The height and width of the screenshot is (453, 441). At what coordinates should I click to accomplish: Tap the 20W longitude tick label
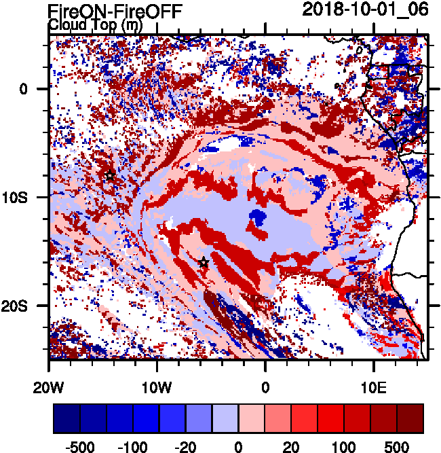tap(50, 386)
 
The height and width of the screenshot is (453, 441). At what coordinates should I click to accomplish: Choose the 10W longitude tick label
tap(157, 386)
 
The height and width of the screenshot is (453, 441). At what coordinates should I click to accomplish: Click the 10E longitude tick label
tap(374, 386)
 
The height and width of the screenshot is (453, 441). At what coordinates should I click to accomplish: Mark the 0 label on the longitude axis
tap(266, 386)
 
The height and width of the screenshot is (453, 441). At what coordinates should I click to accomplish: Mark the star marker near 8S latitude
tap(110, 176)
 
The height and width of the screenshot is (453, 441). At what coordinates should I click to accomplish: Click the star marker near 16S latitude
tap(204, 263)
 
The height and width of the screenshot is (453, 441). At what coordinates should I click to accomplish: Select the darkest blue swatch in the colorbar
tap(66, 418)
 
